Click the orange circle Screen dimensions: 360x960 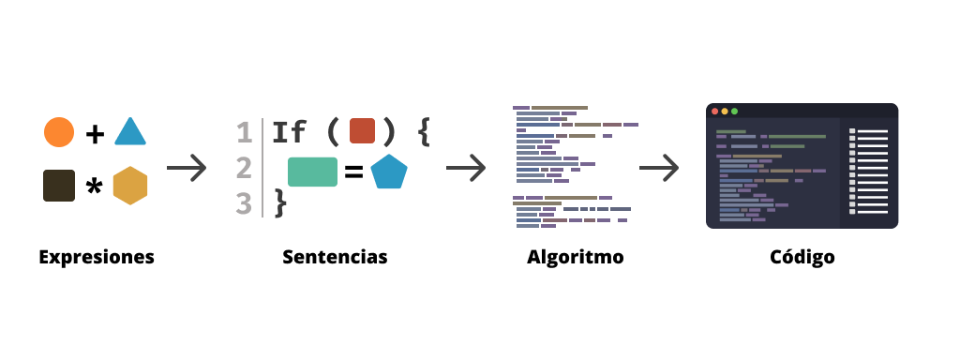59,132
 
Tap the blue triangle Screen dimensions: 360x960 130,133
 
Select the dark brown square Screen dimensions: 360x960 59,185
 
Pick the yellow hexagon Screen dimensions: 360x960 130,186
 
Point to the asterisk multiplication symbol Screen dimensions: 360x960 94,187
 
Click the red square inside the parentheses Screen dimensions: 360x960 362,131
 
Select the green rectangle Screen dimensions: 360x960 312,172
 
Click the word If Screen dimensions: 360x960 289,132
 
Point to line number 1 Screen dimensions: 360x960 245,132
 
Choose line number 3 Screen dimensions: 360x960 245,202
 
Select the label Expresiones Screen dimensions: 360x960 97,257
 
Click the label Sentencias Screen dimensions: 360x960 335,257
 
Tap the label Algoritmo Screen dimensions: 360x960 576,257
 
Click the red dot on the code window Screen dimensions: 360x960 715,112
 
